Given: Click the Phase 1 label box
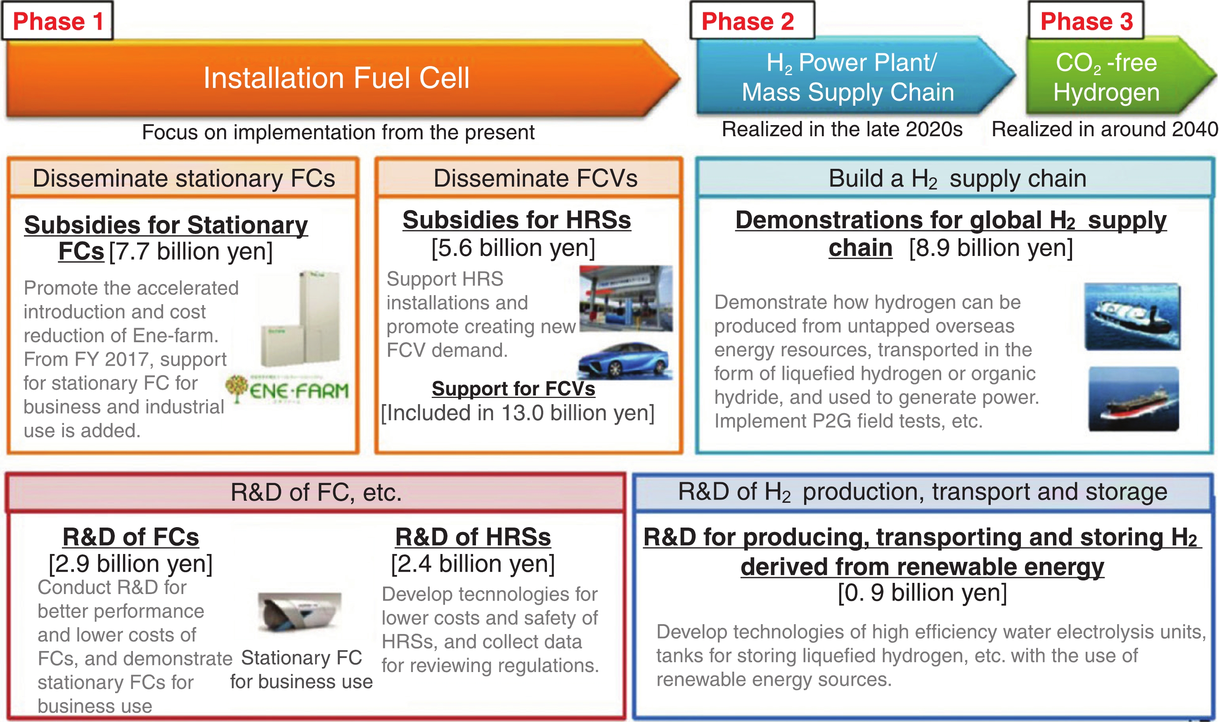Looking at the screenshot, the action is [57, 21].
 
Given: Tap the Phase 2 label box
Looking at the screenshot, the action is [752, 21].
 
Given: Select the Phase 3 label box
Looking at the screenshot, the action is [1086, 21].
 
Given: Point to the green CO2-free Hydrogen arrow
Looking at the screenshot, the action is [1119, 76].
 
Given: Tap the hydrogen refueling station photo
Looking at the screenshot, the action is [626, 298].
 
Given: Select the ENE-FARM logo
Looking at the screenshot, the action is [287, 389].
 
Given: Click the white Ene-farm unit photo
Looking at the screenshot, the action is [300, 319].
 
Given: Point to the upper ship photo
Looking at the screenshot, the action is [1132, 317].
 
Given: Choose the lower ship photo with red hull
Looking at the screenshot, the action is [1134, 399].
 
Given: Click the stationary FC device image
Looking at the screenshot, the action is [300, 612].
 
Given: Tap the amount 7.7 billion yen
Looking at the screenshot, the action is [191, 251].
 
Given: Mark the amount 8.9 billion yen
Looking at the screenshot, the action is [991, 248].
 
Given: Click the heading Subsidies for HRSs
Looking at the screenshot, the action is [516, 220].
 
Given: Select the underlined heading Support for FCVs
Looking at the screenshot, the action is [513, 388].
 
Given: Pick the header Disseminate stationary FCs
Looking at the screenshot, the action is [184, 178].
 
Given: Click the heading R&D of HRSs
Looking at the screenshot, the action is [473, 537].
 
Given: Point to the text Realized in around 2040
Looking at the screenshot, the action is [1105, 130].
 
